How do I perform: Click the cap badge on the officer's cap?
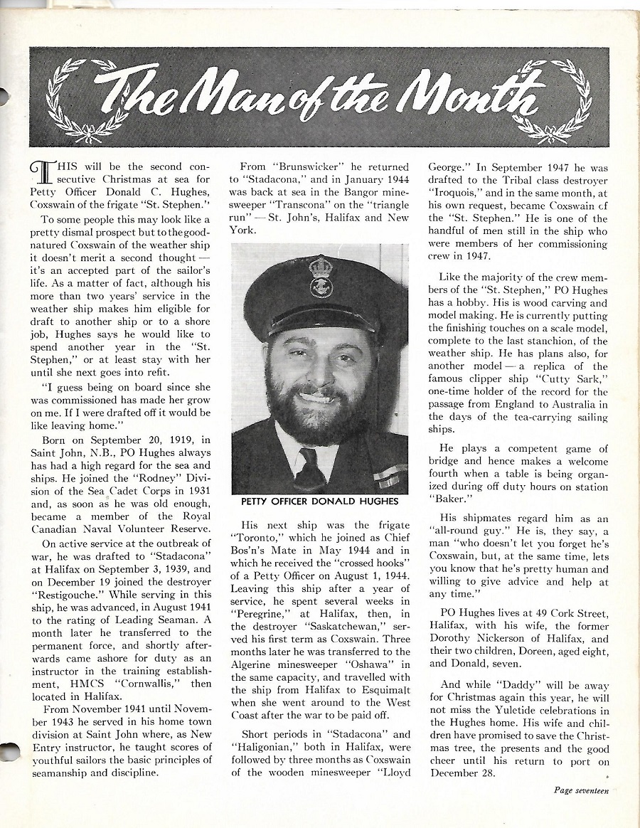tap(321, 277)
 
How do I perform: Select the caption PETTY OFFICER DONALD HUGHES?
tap(320, 502)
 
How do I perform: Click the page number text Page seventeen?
tap(581, 790)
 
